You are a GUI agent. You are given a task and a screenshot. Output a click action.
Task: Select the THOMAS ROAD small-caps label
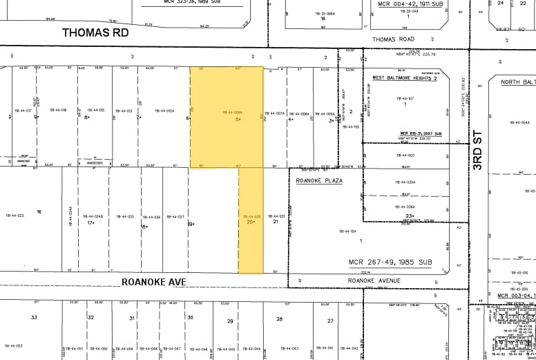(393, 39)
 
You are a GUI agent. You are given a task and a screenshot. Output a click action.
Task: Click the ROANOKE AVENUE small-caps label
(374, 281)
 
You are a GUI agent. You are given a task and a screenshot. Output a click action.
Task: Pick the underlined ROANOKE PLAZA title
(319, 180)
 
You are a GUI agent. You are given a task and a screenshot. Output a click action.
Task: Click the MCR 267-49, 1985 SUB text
(400, 263)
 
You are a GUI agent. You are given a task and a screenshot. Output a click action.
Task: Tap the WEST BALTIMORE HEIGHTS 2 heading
(405, 78)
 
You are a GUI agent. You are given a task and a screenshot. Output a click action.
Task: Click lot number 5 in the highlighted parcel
(238, 119)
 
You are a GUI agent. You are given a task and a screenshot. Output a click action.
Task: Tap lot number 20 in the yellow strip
(249, 222)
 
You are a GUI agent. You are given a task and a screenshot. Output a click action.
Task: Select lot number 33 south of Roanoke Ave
(33, 317)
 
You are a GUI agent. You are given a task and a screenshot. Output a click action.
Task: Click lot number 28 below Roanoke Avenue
(279, 319)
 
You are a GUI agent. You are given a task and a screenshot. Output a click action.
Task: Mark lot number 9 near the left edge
(35, 117)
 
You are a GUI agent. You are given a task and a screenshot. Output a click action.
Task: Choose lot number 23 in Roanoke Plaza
(410, 216)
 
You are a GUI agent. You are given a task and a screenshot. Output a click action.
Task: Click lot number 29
(230, 321)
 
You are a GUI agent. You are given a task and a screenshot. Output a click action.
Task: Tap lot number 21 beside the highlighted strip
(275, 222)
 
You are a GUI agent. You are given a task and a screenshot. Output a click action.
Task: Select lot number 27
(330, 321)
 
